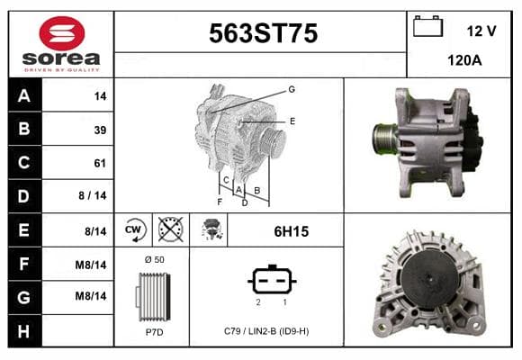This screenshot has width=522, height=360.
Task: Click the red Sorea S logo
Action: click(62, 33)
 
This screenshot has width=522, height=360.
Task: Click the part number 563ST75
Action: click(264, 33)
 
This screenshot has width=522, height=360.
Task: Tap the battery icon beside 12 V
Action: click(427, 26)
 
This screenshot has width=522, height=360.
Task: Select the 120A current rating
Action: click(464, 60)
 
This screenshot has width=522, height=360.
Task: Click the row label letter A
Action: click(24, 96)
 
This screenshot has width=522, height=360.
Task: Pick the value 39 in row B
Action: click(100, 130)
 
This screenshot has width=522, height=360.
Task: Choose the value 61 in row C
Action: click(100, 163)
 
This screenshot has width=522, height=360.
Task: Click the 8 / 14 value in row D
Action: click(93, 195)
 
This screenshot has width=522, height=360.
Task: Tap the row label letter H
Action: click(23, 331)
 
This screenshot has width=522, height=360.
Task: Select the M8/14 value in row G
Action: click(91, 296)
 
